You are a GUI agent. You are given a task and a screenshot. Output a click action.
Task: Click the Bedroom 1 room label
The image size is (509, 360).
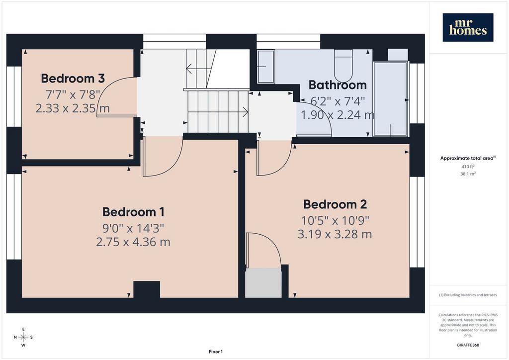(133, 212)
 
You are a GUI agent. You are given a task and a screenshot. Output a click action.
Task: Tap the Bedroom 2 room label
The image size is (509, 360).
(335, 204)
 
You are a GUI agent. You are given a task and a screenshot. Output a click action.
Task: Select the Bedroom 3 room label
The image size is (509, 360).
(73, 78)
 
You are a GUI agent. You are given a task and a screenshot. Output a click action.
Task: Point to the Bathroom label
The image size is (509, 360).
(338, 85)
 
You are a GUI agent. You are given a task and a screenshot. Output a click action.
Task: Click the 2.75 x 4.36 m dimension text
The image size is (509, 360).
(133, 242)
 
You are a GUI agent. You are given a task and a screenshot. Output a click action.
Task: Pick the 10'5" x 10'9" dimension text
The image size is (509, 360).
(335, 221)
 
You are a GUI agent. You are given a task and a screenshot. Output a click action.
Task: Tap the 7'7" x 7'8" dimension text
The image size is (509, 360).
(73, 94)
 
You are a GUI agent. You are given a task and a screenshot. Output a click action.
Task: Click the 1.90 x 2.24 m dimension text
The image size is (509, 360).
(338, 115)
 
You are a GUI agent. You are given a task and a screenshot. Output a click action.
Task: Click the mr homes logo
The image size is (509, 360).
(468, 27)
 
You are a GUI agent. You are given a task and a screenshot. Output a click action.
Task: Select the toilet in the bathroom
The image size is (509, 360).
(343, 66)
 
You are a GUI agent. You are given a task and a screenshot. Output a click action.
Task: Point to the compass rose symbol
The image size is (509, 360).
(23, 337)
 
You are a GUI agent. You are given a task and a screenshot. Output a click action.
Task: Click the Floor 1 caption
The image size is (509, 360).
(216, 352)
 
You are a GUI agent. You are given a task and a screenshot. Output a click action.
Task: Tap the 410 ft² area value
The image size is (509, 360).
(468, 167)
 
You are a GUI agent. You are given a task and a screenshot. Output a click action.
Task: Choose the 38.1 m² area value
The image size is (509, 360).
(468, 174)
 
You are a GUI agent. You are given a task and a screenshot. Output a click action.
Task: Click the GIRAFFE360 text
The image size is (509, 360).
(468, 345)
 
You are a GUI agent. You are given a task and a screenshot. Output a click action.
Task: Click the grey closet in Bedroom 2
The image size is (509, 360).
(263, 283)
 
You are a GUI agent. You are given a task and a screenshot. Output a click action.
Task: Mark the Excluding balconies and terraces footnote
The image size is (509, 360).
(468, 295)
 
